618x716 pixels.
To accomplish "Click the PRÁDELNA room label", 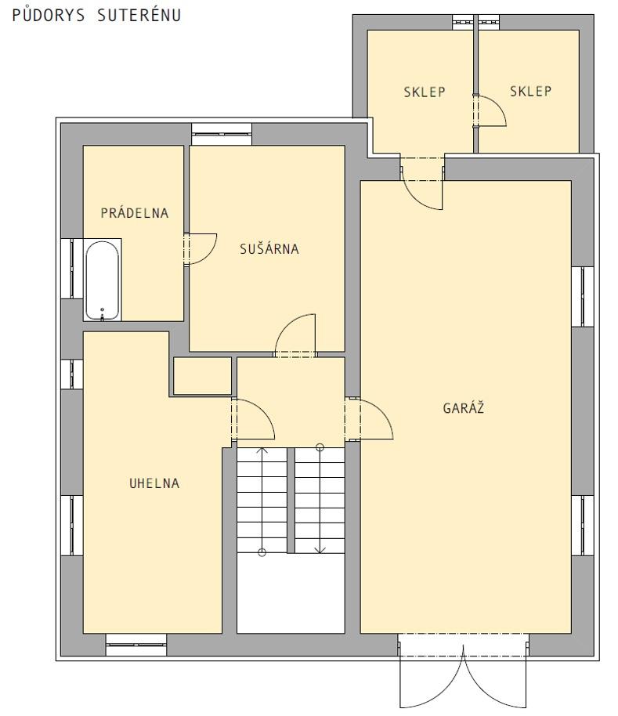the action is point(135,213).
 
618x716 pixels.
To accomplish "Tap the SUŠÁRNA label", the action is point(269,249).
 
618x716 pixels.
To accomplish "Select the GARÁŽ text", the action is point(463,407).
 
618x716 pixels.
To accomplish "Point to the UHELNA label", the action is point(154,483).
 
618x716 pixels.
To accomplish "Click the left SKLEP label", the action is point(425,92).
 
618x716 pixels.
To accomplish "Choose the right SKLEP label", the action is point(530,91).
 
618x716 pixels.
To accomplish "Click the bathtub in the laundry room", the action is point(103,280).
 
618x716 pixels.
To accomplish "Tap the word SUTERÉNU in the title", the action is point(139,15).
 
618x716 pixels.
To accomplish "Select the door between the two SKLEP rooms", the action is point(490,110).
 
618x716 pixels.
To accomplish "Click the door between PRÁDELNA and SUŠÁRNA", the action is point(201,249).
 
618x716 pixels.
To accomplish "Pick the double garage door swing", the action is point(463,671).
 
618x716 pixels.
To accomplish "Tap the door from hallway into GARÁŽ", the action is point(369,418).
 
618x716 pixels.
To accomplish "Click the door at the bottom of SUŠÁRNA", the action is point(295,335).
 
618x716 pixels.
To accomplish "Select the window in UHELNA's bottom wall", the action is point(136,645).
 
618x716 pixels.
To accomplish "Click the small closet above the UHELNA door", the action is point(203,376).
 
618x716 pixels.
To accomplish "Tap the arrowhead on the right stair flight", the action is point(320,550).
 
